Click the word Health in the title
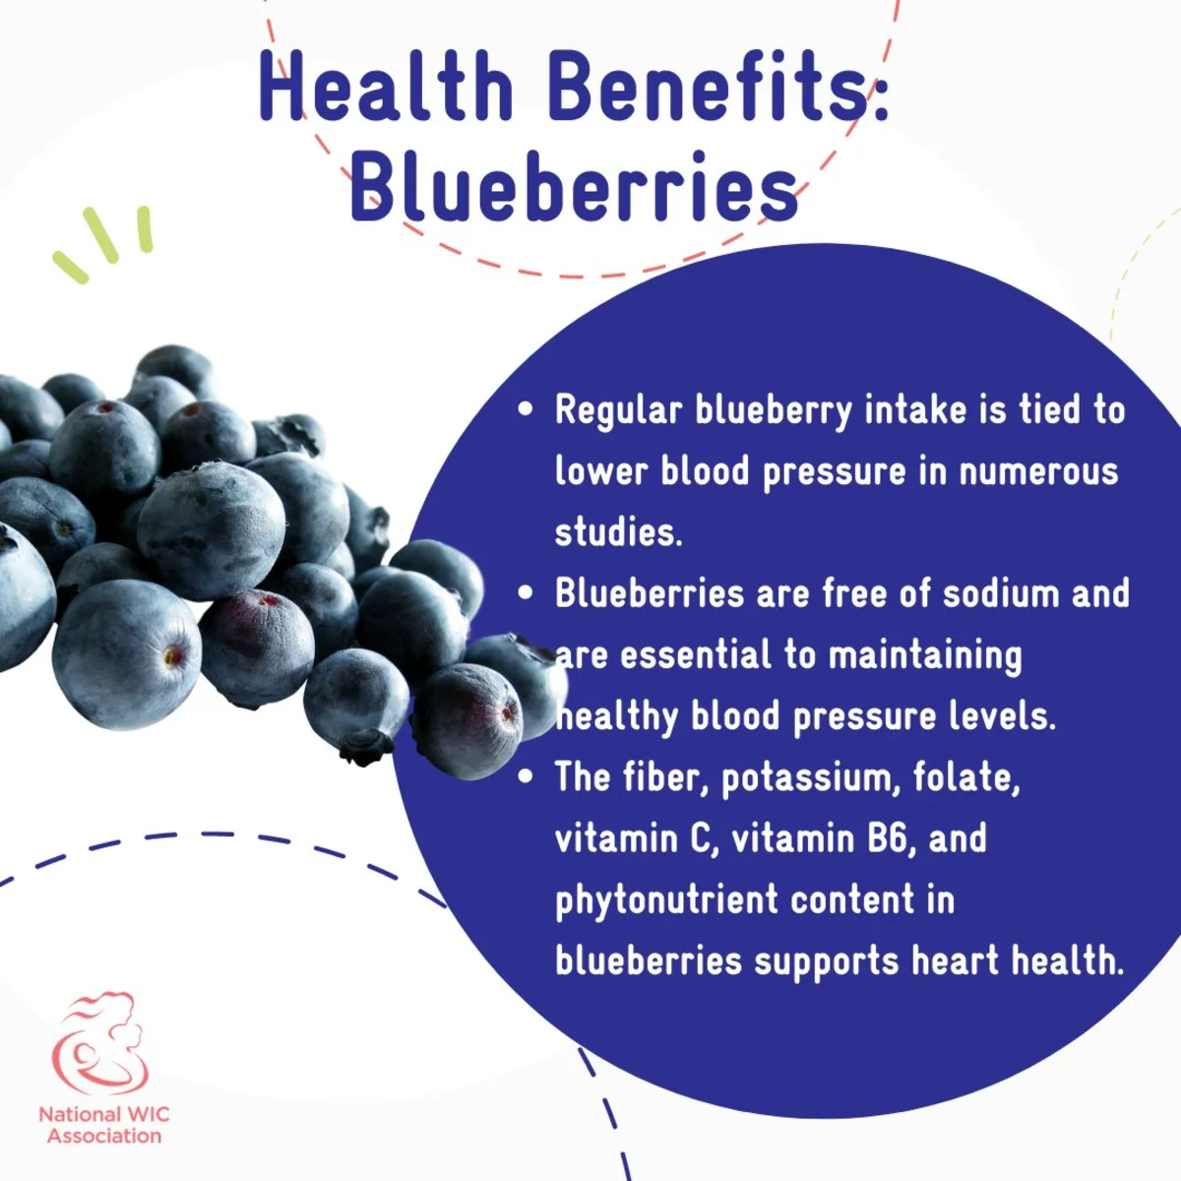pos(386,86)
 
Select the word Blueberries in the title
pos(574,185)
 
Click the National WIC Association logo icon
pos(101,1043)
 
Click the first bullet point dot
pos(526,409)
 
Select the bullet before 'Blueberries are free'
pos(526,592)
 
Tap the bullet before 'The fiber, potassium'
pos(526,777)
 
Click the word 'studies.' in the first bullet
pos(618,531)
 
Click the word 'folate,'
pos(966,777)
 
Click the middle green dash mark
pos(101,235)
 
